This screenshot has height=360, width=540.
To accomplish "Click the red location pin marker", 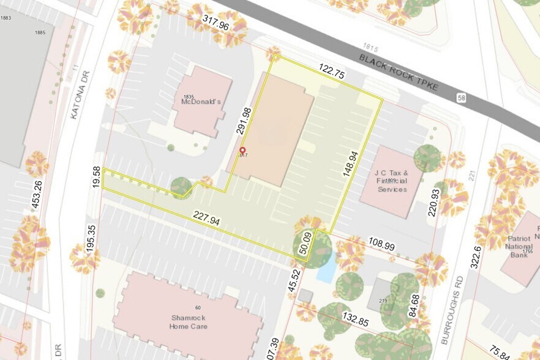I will [242, 151].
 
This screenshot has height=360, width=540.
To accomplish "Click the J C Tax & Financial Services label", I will [392, 181].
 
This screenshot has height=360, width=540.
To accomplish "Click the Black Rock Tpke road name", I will [399, 73].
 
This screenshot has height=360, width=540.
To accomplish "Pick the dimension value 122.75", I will [332, 70].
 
